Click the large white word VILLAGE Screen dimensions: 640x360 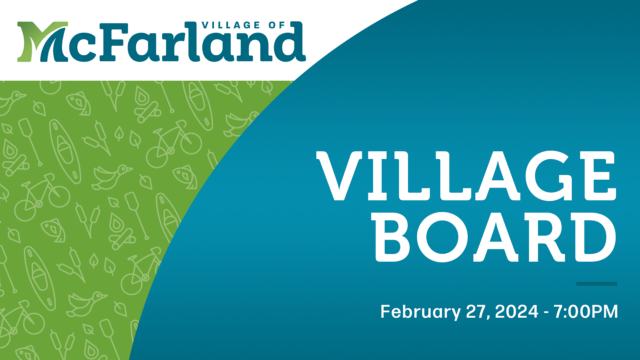(x=466, y=176)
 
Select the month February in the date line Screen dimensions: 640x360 (x=421, y=312)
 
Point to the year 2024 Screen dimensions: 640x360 (x=517, y=311)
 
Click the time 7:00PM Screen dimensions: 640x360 (x=586, y=311)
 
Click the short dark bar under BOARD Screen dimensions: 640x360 (x=597, y=284)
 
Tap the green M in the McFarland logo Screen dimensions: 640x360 (x=43, y=42)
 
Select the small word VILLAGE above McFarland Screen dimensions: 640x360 (x=231, y=25)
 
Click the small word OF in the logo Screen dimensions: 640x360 (x=277, y=25)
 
